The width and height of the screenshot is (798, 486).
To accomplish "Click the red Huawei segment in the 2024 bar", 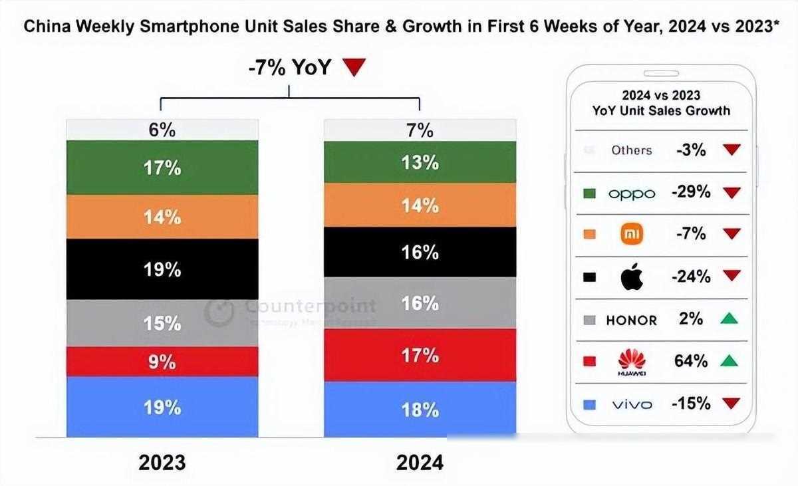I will (x=420, y=355).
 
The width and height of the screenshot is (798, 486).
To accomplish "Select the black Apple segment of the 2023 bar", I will (x=162, y=269).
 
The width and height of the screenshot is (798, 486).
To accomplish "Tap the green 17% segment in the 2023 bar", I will (x=162, y=168).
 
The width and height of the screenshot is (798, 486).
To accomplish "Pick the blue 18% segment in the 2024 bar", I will (x=420, y=409).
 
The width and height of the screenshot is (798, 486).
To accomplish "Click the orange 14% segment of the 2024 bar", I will (x=420, y=205).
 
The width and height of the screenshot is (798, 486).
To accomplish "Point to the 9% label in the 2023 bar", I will (x=162, y=362).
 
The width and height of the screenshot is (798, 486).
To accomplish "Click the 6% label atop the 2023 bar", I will (x=162, y=130).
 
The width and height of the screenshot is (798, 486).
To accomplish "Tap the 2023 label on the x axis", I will (x=162, y=463).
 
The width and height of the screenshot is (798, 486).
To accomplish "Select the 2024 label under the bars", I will (x=420, y=463).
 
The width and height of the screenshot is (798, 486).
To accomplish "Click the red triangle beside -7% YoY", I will (x=354, y=67).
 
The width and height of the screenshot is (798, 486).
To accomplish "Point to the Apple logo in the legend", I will (x=632, y=277).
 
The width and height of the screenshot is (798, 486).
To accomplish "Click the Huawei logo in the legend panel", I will (x=632, y=362).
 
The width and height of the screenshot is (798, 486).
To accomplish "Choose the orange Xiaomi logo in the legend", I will (x=632, y=234).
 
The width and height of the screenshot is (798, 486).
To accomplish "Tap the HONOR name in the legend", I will (x=632, y=320).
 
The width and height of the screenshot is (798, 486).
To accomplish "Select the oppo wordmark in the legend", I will (x=632, y=193).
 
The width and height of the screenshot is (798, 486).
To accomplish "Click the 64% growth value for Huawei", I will (x=692, y=361).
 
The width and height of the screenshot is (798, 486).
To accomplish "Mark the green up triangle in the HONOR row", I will (x=730, y=320).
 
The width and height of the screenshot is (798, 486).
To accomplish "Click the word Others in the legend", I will (x=632, y=150).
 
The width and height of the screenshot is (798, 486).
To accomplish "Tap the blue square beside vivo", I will (x=589, y=404).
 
